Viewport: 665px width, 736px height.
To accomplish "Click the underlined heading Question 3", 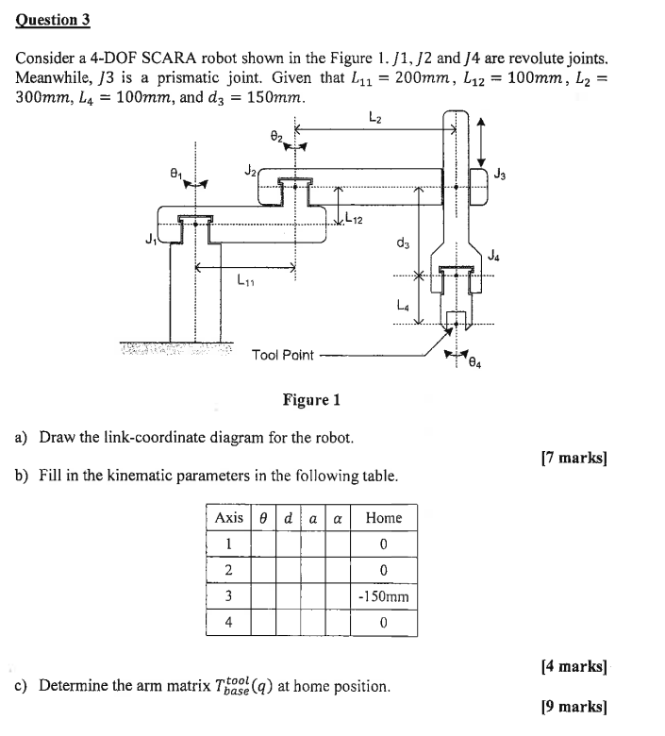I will (x=59, y=19).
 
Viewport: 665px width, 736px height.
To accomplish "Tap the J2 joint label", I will (x=249, y=171).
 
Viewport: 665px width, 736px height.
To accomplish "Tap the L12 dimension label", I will (x=355, y=221).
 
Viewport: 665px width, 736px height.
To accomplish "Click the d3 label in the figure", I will (x=404, y=244).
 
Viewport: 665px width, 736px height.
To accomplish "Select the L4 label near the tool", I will (x=403, y=305).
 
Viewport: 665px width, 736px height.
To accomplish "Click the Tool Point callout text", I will (x=282, y=355).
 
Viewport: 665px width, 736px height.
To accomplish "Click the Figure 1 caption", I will (x=310, y=400).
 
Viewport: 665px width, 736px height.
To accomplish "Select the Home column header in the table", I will (x=383, y=517).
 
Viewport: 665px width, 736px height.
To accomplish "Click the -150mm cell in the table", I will (x=383, y=596).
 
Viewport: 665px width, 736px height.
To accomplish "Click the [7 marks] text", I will (x=574, y=459).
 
